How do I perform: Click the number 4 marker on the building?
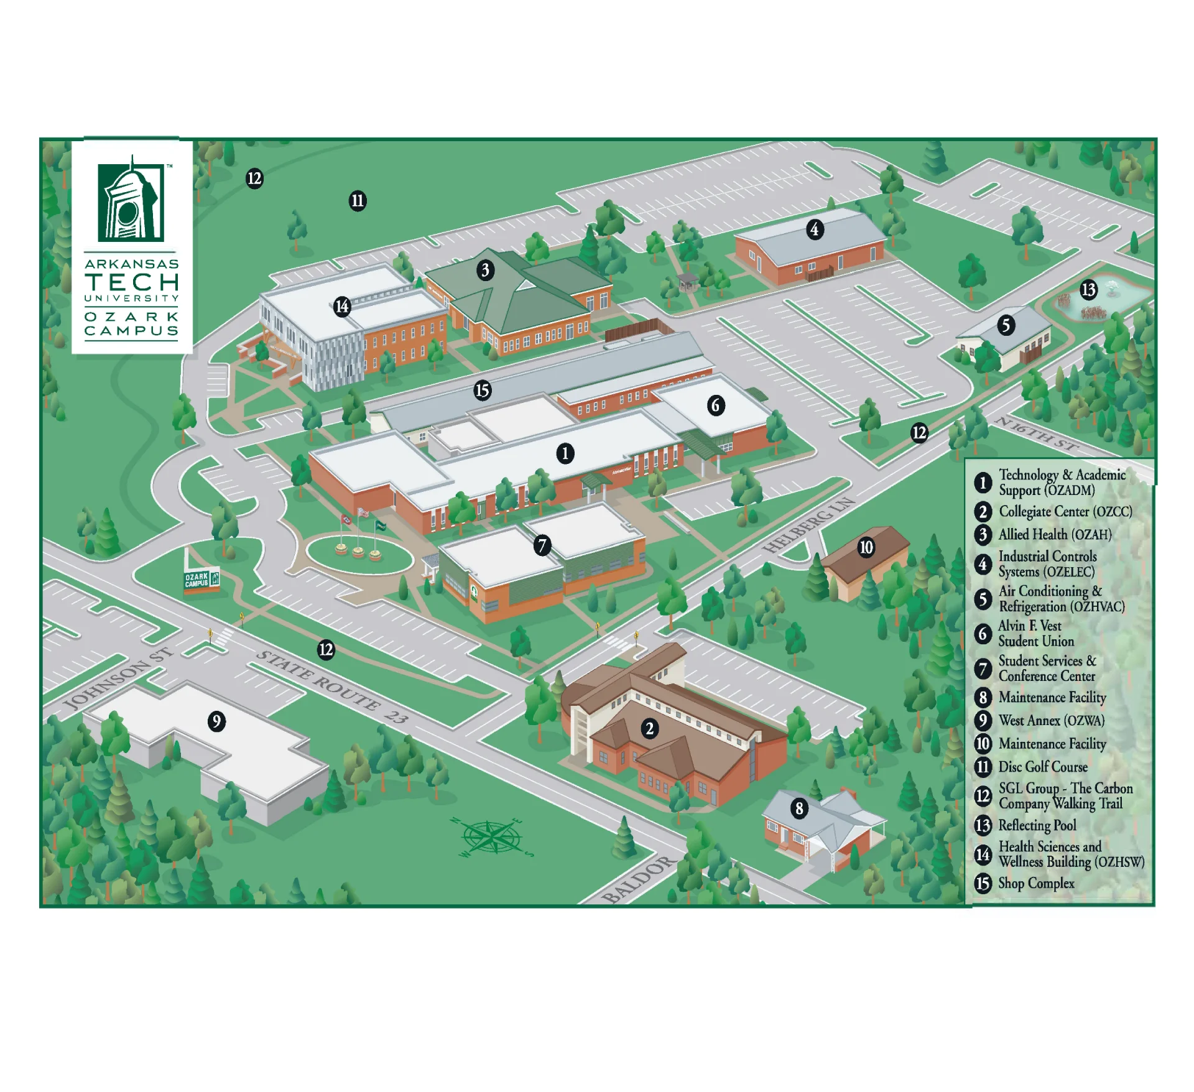pyautogui.click(x=814, y=229)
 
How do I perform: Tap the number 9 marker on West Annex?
pyautogui.click(x=216, y=721)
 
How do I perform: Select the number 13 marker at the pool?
pyautogui.click(x=1088, y=290)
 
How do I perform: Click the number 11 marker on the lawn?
pyautogui.click(x=358, y=201)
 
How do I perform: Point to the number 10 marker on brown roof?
pyautogui.click(x=866, y=547)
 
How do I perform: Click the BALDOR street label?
pyautogui.click(x=638, y=879)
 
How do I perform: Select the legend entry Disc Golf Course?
pyautogui.click(x=1042, y=767)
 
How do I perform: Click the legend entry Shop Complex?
pyautogui.click(x=1035, y=883)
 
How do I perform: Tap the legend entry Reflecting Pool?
pyautogui.click(x=1037, y=825)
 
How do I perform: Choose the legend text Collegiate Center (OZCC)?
pyautogui.click(x=1065, y=511)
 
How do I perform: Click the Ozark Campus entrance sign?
pyautogui.click(x=201, y=580)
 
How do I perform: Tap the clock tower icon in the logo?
pyautogui.click(x=131, y=201)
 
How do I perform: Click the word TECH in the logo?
pyautogui.click(x=132, y=282)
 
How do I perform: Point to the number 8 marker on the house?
pyautogui.click(x=799, y=808)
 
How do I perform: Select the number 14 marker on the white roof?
pyautogui.click(x=342, y=306)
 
